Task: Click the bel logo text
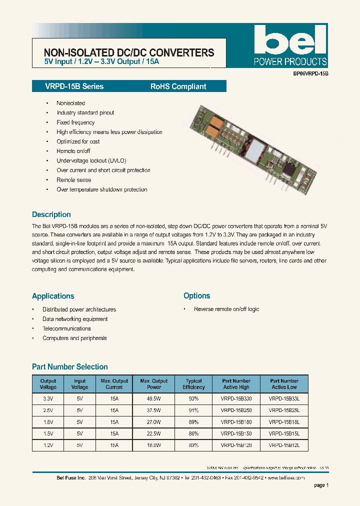289,40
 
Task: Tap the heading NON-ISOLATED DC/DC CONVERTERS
129,53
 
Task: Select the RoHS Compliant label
178,86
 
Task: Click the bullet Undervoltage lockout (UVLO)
91,160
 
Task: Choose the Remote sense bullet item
73,180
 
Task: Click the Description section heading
51,214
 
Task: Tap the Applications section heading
53,296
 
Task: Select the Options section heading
196,296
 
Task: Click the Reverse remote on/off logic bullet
226,309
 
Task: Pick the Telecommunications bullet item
66,328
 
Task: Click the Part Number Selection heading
70,367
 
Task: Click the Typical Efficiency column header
193,384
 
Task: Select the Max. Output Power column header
154,384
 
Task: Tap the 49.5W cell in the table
154,399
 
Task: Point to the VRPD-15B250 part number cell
236,410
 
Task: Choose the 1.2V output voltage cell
48,445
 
